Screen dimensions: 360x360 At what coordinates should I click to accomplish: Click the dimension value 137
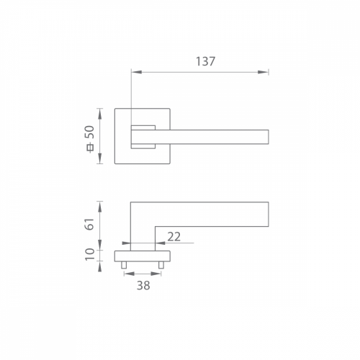[205, 61]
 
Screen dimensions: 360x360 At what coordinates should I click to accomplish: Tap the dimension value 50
[90, 132]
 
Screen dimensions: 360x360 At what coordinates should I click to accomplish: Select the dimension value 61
[90, 224]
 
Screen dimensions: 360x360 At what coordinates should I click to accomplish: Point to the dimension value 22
[174, 237]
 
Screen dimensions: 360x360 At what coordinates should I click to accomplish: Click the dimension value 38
[143, 285]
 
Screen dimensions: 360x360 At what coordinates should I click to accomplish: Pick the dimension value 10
[90, 254]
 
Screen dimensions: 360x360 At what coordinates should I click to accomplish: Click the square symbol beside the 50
[91, 148]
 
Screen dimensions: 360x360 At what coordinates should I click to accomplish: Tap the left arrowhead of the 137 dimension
[137, 72]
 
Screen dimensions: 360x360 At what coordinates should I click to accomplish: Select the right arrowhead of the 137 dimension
[263, 72]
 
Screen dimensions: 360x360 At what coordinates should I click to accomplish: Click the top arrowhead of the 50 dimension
[100, 114]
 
